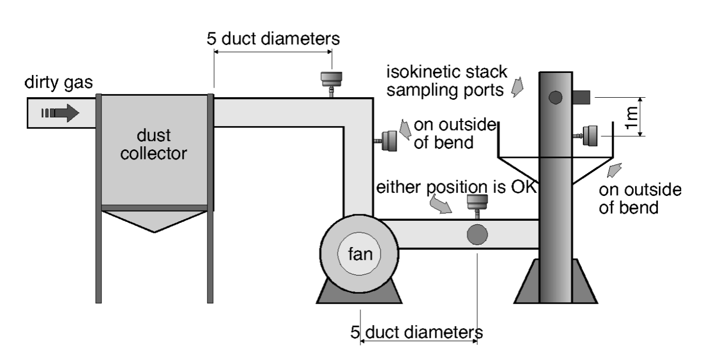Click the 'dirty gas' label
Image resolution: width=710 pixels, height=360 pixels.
[59, 83]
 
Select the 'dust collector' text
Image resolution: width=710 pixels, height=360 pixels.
[154, 144]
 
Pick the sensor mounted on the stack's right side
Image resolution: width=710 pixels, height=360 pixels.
[588, 135]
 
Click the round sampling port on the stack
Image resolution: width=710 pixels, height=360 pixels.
[556, 97]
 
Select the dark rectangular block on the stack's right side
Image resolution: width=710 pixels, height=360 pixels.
[582, 97]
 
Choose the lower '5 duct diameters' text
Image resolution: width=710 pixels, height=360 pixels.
[416, 332]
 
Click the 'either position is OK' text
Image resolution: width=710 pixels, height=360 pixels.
[455, 188]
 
